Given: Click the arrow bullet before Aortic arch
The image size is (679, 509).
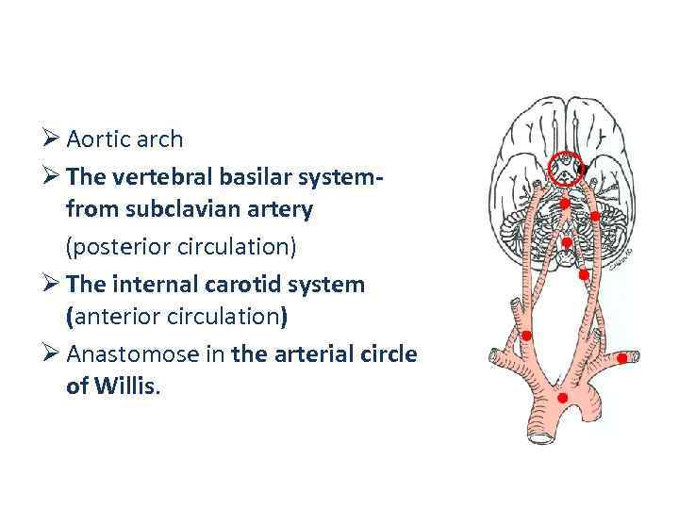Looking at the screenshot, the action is (x=53, y=140).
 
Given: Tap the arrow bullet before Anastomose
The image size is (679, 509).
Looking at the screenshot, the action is (x=53, y=353).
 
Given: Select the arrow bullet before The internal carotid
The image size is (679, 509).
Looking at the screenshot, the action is (x=53, y=284).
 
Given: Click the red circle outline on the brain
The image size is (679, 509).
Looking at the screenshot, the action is (x=566, y=169).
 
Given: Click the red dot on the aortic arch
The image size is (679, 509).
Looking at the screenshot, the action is (x=563, y=398).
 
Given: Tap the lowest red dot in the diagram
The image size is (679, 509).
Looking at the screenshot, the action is (x=563, y=398).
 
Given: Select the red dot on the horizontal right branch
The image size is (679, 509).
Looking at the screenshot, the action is (x=622, y=358).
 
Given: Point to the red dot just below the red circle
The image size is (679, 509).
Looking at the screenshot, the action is (x=563, y=203).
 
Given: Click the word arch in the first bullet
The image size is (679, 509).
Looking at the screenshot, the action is (x=160, y=140).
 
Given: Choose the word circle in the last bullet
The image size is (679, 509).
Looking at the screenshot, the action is (x=383, y=353).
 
